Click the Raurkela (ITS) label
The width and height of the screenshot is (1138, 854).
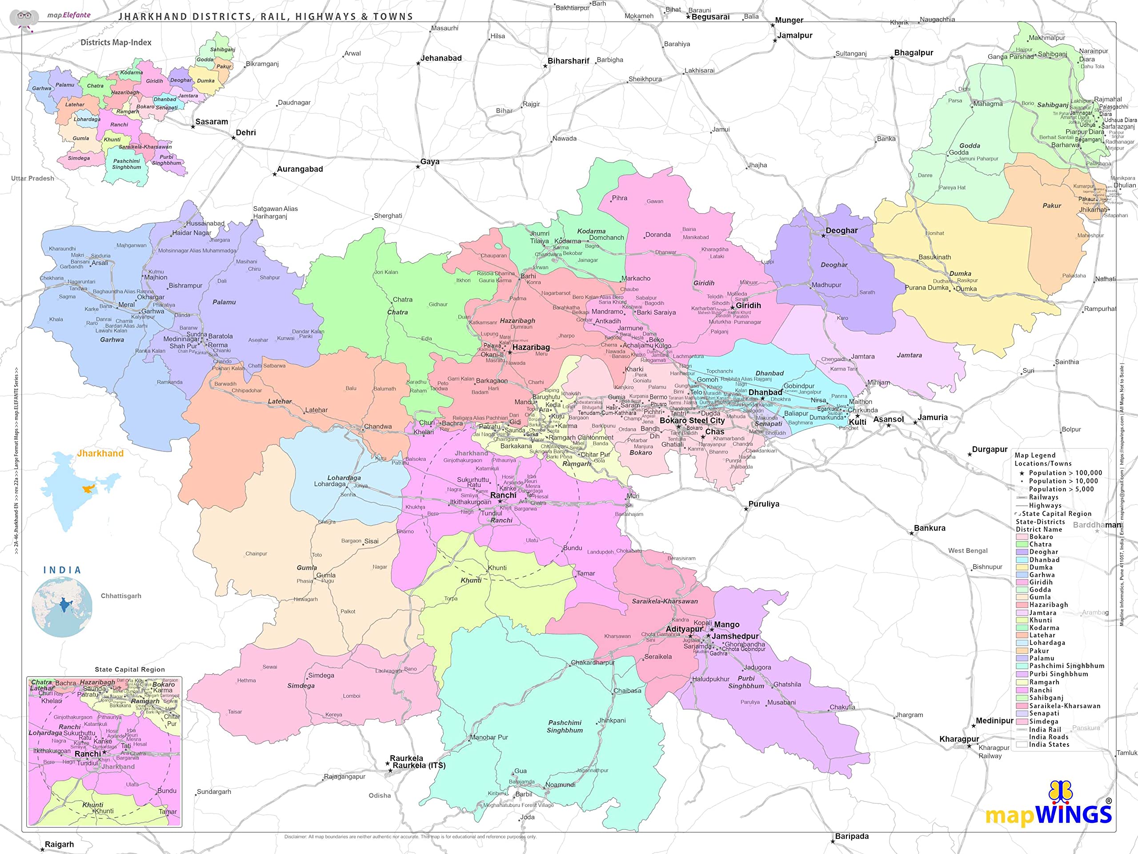tap(419, 765)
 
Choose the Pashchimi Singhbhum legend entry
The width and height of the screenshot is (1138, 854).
tap(1066, 665)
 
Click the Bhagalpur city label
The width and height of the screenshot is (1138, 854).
tap(913, 53)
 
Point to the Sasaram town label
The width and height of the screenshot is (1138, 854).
tap(212, 122)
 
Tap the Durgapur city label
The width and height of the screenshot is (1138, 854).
tap(990, 449)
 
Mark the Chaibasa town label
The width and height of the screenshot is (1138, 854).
tap(627, 691)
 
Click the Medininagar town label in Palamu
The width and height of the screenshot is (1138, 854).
tap(181, 339)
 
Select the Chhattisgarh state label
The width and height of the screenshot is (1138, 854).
tap(120, 596)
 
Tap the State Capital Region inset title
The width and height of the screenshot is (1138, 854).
tap(130, 669)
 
